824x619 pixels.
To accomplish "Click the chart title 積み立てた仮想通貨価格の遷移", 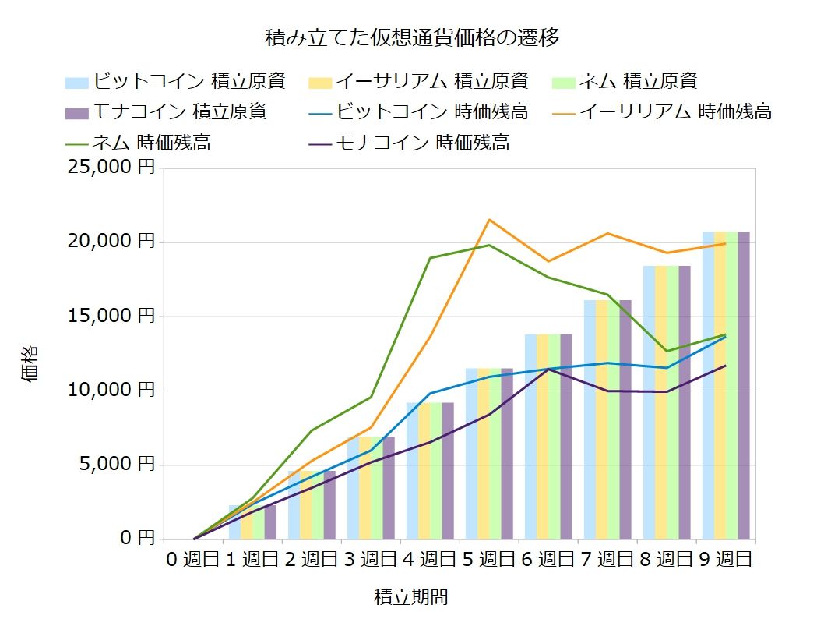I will click(x=412, y=37).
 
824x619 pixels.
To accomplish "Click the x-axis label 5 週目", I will click(x=489, y=559).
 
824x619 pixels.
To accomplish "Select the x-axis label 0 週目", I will click(x=193, y=559).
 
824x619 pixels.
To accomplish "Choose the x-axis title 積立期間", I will click(x=411, y=597).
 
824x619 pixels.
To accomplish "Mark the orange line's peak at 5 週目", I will click(x=489, y=219).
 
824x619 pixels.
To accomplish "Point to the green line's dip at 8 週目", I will click(x=667, y=351).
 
